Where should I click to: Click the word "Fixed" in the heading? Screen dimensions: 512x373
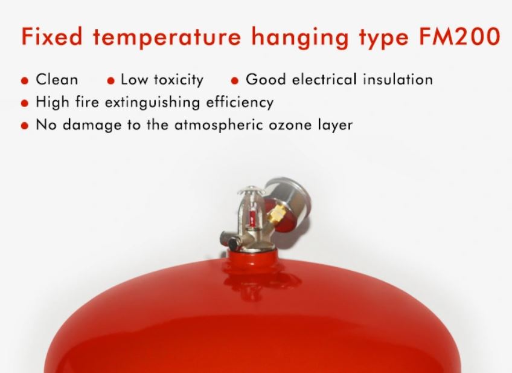(52, 36)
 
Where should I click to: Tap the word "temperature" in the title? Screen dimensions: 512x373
(167, 37)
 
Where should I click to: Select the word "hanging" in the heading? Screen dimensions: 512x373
(300, 38)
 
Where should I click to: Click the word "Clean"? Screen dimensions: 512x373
(57, 79)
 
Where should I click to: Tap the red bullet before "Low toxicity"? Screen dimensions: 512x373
(111, 81)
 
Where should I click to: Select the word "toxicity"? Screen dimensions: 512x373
(179, 80)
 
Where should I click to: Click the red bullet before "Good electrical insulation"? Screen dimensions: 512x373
(234, 81)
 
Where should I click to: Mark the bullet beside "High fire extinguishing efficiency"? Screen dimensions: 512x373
(25, 103)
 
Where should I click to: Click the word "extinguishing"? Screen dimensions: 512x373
(152, 103)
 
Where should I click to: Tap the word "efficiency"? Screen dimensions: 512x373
(240, 103)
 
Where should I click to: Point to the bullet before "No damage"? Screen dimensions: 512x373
(25, 126)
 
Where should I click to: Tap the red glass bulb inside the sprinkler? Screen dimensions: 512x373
(252, 215)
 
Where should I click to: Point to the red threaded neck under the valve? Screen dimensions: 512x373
(252, 256)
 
